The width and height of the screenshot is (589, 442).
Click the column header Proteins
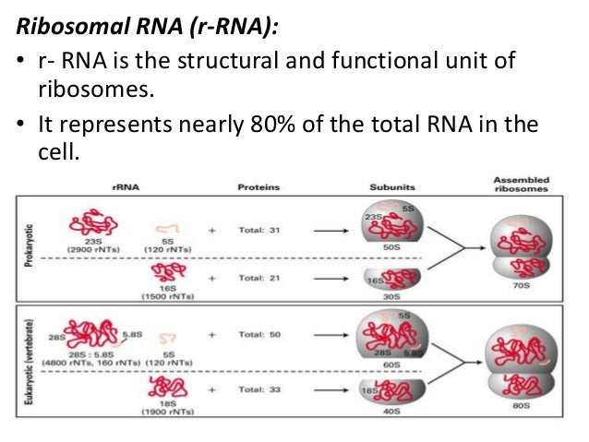258,187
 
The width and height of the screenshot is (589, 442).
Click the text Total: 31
260,230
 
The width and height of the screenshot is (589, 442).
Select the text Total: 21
260,278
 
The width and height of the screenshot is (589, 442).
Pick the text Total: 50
260,335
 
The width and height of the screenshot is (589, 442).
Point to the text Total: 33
260,388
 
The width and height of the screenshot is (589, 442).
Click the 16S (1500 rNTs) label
166,293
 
